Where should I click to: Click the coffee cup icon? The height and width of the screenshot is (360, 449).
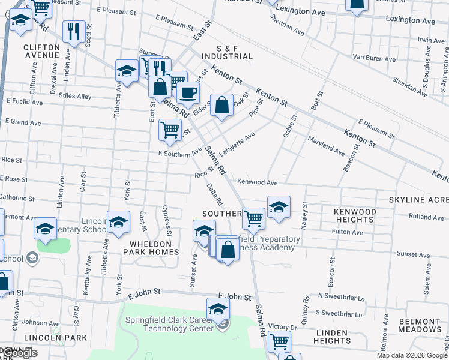(188, 92)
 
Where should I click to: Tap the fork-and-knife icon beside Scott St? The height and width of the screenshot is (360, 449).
(74, 31)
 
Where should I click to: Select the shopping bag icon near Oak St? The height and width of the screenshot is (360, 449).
(221, 105)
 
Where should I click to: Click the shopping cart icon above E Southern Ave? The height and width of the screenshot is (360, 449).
(170, 129)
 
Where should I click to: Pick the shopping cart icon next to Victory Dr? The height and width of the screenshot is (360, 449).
(279, 341)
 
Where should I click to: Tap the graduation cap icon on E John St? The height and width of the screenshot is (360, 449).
(218, 308)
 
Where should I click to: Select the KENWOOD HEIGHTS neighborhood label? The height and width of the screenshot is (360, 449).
(355, 216)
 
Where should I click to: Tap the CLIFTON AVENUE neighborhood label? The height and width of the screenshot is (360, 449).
(41, 51)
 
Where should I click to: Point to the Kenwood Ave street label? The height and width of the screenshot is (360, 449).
(257, 182)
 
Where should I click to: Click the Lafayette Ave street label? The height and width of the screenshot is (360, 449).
(237, 145)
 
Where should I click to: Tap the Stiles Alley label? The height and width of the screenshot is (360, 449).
(76, 96)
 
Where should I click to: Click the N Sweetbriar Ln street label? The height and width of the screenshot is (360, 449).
(341, 296)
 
